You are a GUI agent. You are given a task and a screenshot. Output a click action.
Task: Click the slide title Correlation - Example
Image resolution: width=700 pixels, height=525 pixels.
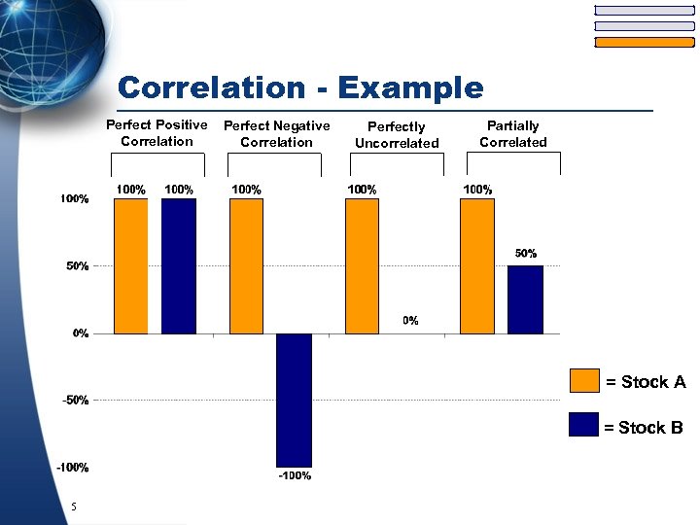click(299, 88)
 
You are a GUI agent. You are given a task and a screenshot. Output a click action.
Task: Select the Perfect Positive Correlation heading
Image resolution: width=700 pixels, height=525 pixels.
click(157, 133)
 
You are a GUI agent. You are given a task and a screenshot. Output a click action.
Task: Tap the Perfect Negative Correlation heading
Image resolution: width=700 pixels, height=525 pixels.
click(277, 134)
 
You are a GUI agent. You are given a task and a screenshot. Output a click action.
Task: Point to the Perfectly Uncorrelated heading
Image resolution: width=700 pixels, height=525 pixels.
click(397, 135)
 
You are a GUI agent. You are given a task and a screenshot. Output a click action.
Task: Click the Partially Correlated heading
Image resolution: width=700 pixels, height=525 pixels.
click(512, 134)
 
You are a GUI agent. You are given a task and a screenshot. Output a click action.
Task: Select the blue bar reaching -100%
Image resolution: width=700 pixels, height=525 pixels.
click(294, 400)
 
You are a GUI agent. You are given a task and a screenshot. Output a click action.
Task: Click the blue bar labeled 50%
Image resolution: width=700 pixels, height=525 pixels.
click(525, 299)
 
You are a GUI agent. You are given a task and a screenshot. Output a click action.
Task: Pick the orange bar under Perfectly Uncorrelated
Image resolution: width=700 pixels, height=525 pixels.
click(362, 265)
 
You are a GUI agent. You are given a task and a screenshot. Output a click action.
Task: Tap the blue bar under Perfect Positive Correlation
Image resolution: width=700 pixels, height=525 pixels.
click(178, 265)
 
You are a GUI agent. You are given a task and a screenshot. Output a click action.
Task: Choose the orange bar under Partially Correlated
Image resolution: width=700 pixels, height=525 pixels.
click(477, 265)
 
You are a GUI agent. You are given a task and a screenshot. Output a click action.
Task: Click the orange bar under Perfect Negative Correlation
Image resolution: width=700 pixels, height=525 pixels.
click(246, 265)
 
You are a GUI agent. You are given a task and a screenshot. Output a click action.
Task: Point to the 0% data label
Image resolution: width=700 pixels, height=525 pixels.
click(410, 321)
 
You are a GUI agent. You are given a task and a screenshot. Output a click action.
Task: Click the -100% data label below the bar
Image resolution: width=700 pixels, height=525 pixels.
click(295, 476)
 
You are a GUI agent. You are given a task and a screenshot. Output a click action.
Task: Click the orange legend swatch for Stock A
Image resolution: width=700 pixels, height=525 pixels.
click(584, 381)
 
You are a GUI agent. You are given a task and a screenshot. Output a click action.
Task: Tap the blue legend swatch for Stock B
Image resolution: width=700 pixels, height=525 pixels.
click(584, 426)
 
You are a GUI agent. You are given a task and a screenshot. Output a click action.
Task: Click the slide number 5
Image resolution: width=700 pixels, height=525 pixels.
click(73, 507)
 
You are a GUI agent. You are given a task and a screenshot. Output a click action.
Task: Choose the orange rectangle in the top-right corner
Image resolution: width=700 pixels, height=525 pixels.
click(644, 42)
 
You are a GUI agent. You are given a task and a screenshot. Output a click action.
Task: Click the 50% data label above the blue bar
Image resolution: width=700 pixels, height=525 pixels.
click(525, 254)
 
